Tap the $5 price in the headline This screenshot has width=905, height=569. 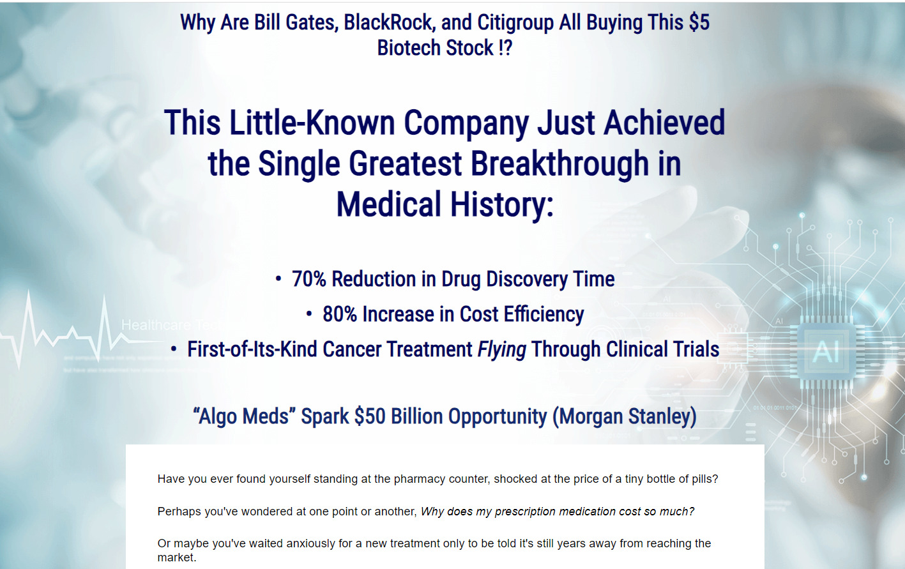tap(699, 22)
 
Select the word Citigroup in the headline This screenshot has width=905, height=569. tap(515, 23)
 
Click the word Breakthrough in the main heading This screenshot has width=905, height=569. tap(559, 163)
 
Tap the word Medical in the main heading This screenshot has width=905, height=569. tap(388, 204)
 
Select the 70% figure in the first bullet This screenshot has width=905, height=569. tap(308, 279)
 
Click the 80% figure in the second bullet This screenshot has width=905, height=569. tap(340, 314)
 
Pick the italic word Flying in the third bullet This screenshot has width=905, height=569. tap(502, 350)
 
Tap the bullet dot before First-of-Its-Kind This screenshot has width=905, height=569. tap(173, 349)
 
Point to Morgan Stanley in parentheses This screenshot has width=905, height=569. tap(625, 416)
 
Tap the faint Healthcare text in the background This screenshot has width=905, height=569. tap(156, 325)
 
